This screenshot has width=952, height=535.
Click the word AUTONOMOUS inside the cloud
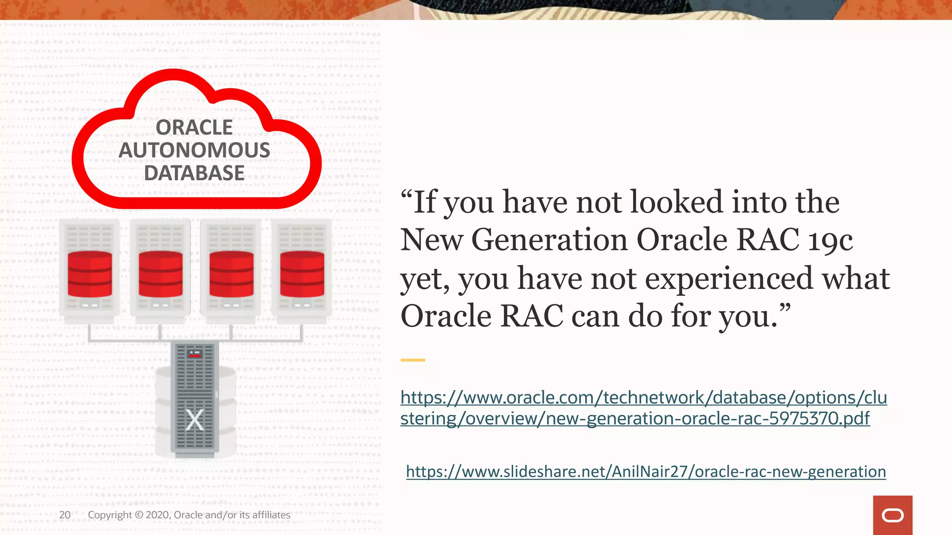point(194,150)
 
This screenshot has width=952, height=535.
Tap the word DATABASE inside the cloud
point(194,173)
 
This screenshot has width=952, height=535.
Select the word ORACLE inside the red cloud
point(194,128)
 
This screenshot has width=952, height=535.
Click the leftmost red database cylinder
point(90,274)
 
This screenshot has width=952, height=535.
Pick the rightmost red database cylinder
point(302,274)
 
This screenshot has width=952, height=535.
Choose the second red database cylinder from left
point(160,274)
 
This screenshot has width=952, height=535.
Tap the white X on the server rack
point(194,420)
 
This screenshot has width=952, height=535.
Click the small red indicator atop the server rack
point(195,354)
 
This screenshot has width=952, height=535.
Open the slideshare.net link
point(646,472)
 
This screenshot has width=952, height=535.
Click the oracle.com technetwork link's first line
point(643,398)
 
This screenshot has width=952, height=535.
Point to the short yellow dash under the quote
point(413,360)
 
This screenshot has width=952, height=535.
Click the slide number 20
point(65,515)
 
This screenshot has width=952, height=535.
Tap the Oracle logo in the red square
point(892,515)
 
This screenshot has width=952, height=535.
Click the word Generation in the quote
point(549,240)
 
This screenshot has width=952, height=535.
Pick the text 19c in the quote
point(830,241)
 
